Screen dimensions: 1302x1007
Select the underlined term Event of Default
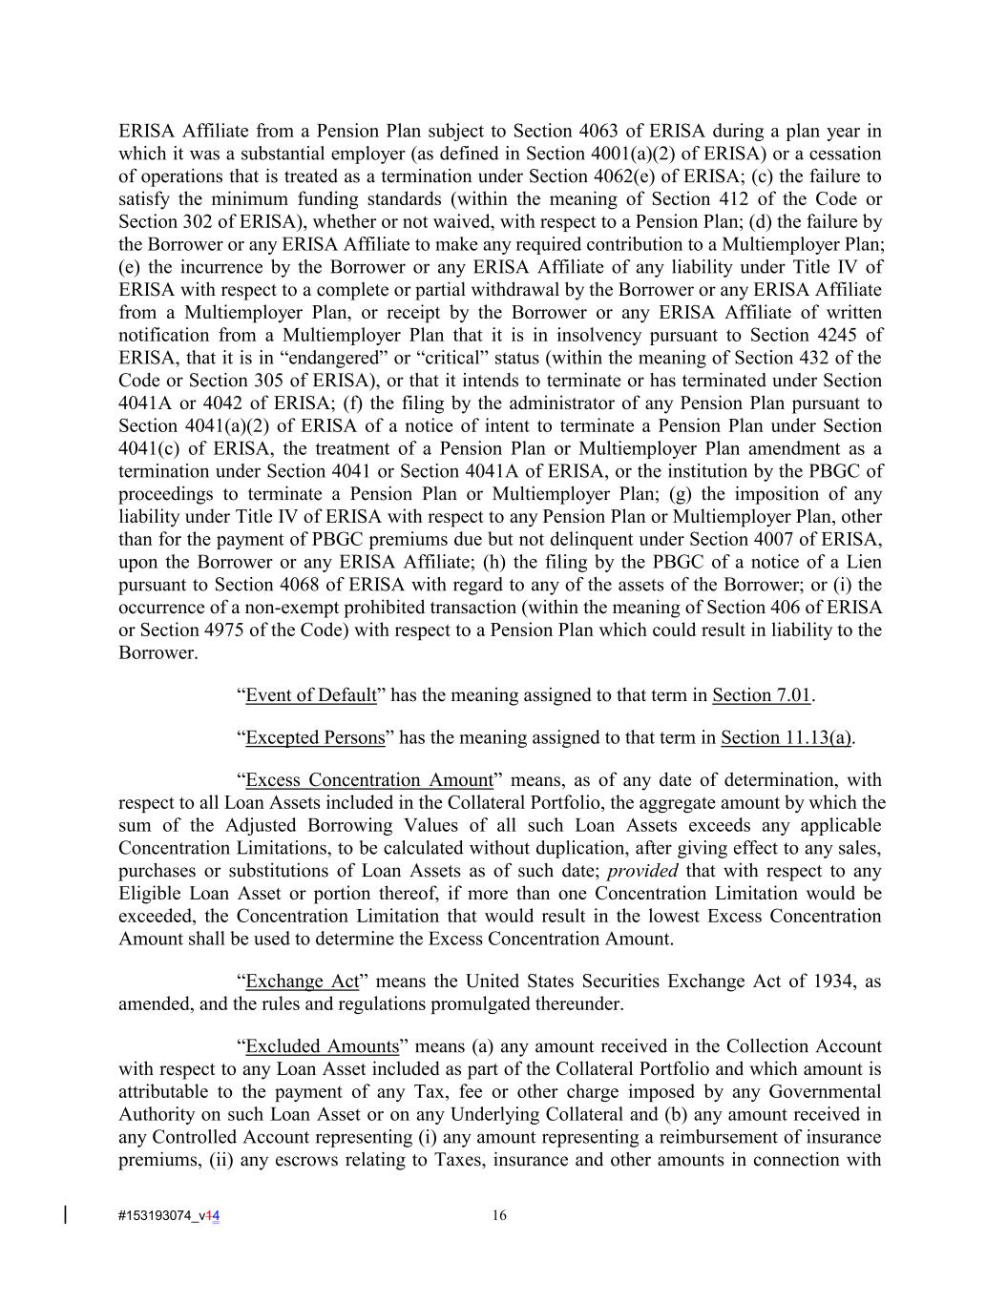click(x=311, y=694)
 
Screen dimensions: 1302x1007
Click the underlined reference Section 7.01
click(x=762, y=694)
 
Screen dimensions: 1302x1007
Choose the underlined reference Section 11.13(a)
click(x=787, y=737)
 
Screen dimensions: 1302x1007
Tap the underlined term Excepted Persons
click(x=315, y=737)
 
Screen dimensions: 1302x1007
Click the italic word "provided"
click(x=642, y=871)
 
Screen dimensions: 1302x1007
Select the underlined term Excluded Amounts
click(x=322, y=1046)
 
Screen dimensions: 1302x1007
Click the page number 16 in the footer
click(x=499, y=1215)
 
